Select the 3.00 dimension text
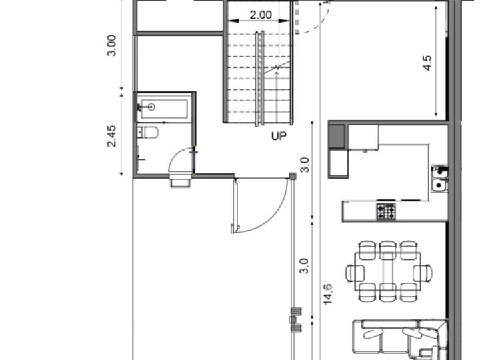coord(112,45)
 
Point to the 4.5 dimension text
coord(428,62)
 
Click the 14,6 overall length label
coord(328,293)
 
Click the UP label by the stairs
coord(279,137)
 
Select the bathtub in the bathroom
coord(164,107)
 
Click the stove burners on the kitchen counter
coord(386,212)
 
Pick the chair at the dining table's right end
coord(423,272)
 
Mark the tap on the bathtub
coord(151,107)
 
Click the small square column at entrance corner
coord(292,176)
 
